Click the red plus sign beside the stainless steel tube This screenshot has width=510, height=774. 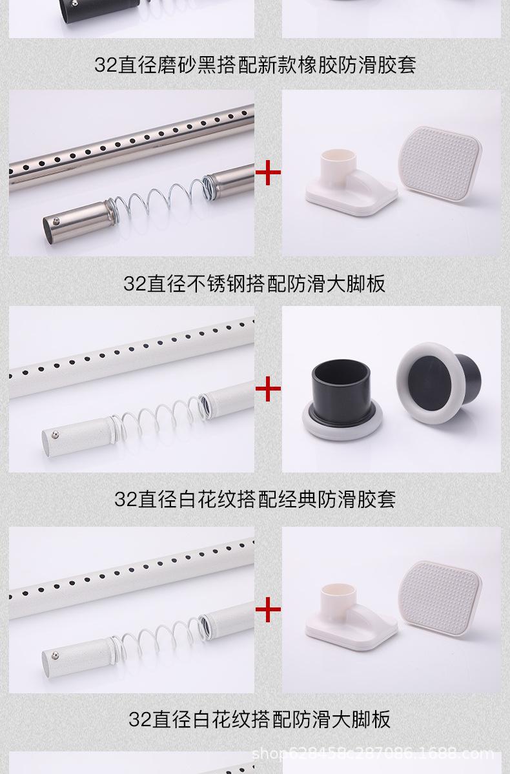click(268, 172)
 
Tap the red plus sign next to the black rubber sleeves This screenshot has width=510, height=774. click(268, 389)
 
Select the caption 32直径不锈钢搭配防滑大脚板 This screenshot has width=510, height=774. click(254, 283)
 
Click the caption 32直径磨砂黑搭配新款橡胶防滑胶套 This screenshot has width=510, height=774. click(254, 65)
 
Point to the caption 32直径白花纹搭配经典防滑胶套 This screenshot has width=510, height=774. click(254, 499)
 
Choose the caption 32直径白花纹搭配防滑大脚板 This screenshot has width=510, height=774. click(259, 718)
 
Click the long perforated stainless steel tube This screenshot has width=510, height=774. click(129, 139)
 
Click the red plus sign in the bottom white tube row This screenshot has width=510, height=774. click(268, 608)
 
